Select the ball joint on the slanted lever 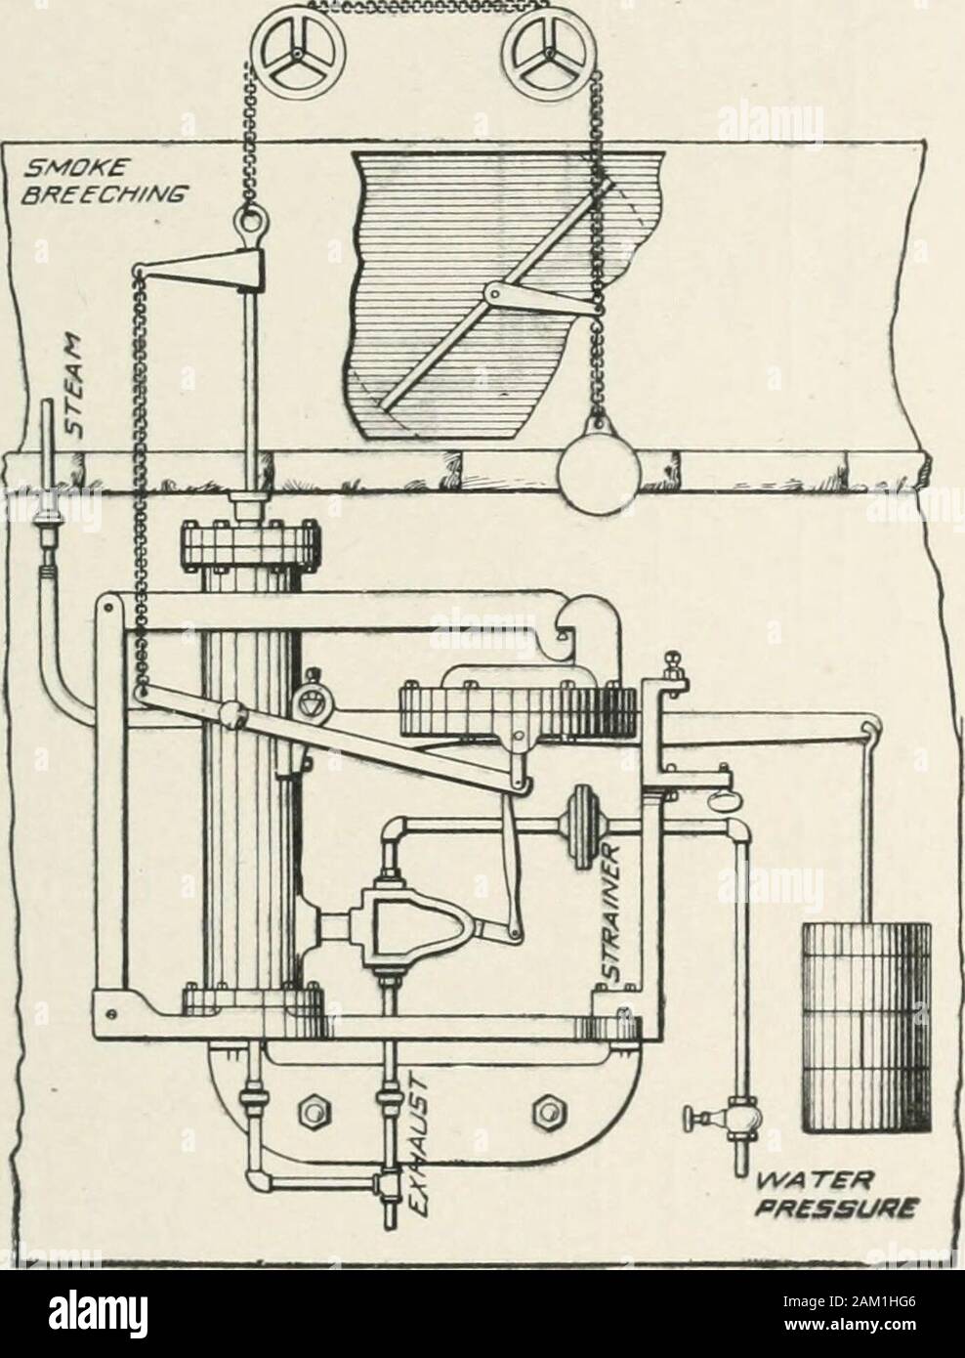click(x=233, y=715)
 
